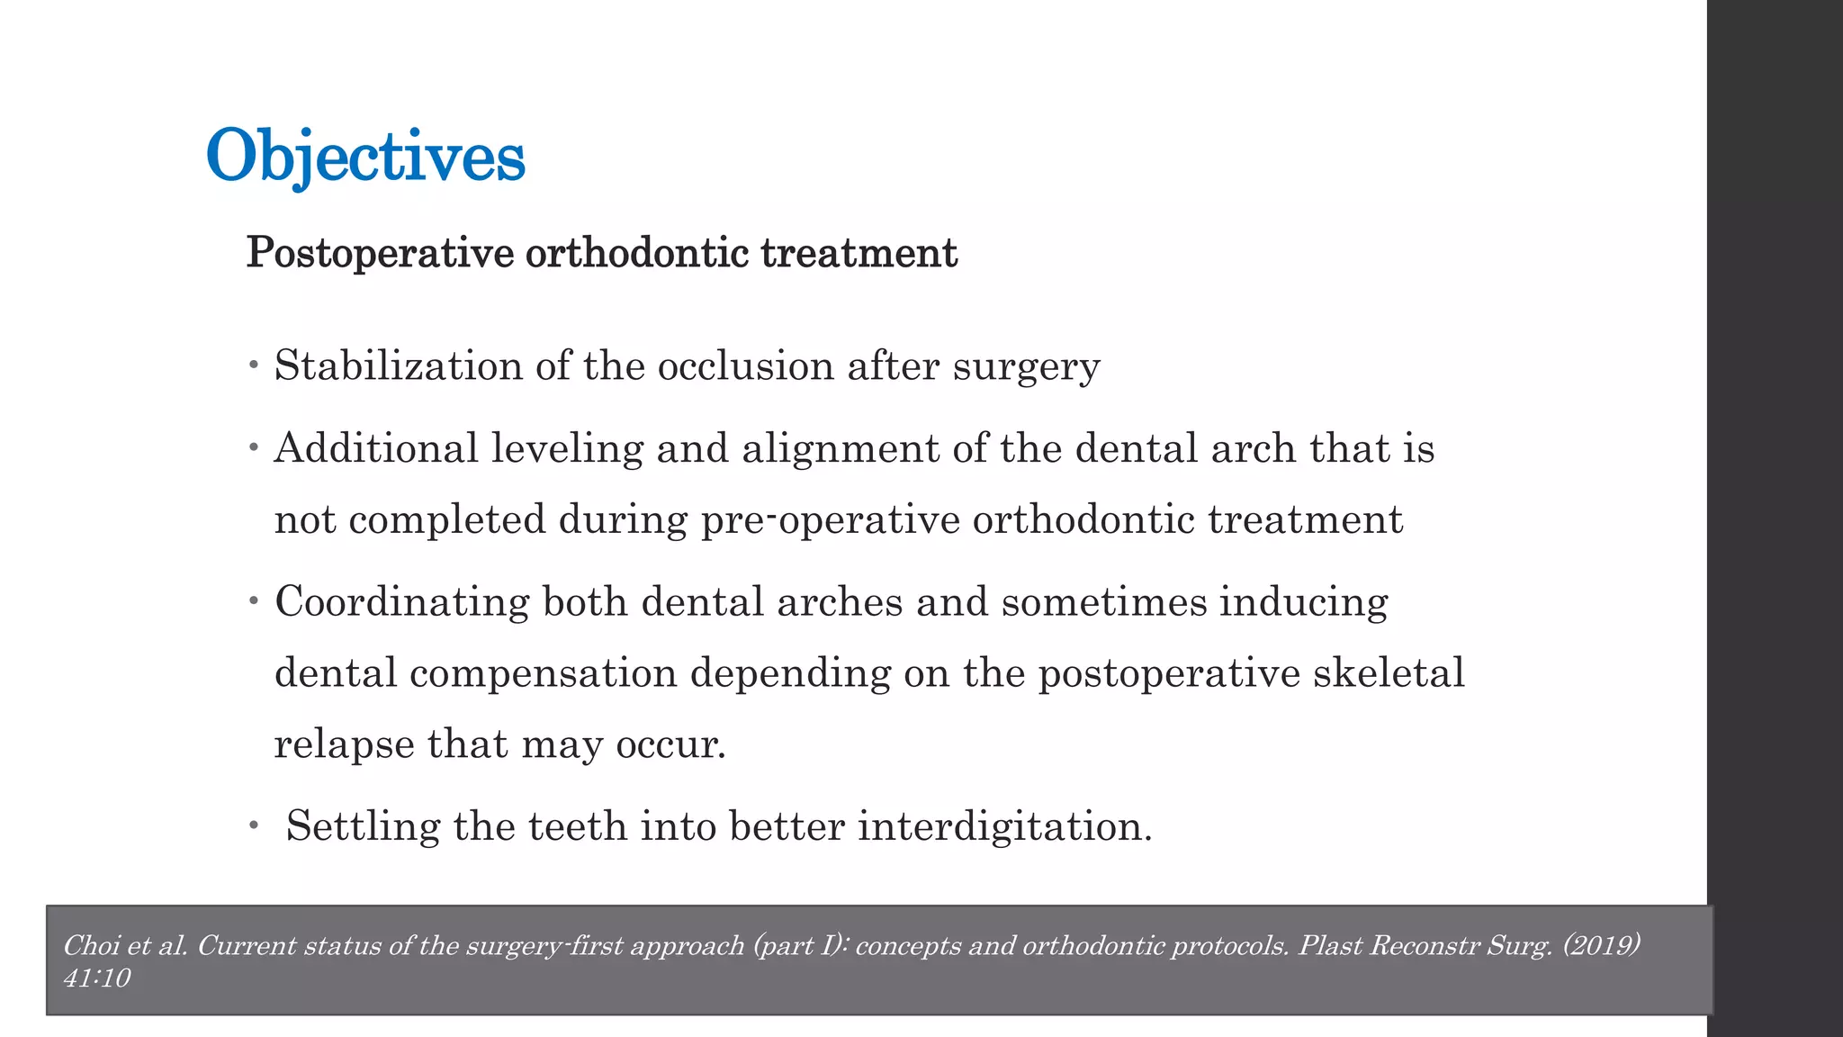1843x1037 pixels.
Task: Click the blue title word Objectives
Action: click(365, 157)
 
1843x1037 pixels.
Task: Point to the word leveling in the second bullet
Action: click(567, 449)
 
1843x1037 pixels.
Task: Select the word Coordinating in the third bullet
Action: click(401, 602)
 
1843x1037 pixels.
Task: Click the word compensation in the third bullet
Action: click(543, 673)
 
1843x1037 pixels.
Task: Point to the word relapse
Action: click(344, 744)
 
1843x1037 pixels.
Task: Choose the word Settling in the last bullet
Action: click(363, 826)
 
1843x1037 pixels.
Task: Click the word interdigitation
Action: click(1004, 826)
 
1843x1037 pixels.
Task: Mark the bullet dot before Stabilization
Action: click(255, 365)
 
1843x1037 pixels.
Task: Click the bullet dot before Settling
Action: click(255, 825)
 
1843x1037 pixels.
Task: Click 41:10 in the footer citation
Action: click(97, 978)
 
